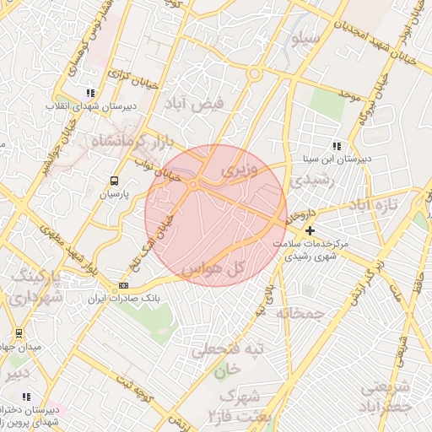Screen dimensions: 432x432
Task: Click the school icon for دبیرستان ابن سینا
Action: [x=337, y=146]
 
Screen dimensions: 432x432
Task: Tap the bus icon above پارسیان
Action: [x=114, y=181]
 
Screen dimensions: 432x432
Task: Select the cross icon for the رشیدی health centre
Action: [x=310, y=230]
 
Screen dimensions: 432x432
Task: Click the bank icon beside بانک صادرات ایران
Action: [x=124, y=287]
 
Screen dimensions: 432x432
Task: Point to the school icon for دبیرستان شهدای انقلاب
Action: [x=90, y=94]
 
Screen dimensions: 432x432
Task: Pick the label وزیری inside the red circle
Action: [x=235, y=170]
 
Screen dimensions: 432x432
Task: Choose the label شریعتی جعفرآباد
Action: [x=387, y=397]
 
